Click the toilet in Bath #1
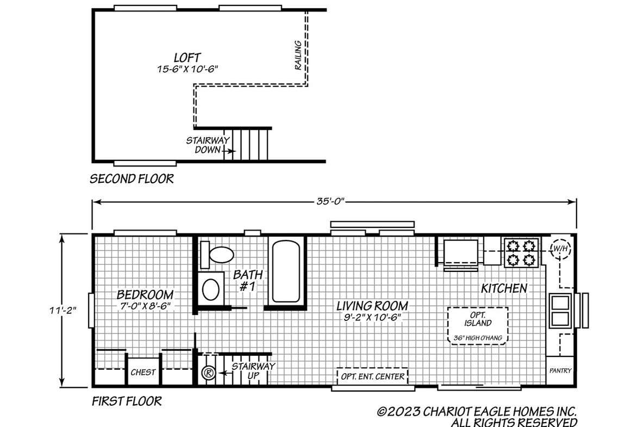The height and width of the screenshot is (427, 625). [x=216, y=255]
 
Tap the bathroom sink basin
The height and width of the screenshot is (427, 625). [x=211, y=290]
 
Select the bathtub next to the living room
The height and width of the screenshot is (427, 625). [x=286, y=271]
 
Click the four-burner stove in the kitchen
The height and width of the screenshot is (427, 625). [x=521, y=252]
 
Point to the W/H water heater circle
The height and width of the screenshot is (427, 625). [x=560, y=249]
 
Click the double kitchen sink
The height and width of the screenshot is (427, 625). [x=560, y=311]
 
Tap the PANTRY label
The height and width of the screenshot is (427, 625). [x=560, y=370]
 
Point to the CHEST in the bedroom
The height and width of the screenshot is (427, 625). [x=143, y=372]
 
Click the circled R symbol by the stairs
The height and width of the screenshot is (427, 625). [x=209, y=373]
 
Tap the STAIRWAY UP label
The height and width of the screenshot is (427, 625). [x=253, y=371]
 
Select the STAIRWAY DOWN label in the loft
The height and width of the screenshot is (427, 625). [x=208, y=145]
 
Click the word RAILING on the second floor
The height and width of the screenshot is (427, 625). [x=298, y=55]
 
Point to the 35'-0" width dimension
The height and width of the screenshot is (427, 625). [x=330, y=201]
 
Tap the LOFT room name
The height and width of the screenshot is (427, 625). [x=187, y=57]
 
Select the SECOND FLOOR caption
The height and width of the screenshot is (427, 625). [x=132, y=178]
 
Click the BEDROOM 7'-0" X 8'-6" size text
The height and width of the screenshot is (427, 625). [x=145, y=306]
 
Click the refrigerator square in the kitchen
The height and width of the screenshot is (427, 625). [x=460, y=252]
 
